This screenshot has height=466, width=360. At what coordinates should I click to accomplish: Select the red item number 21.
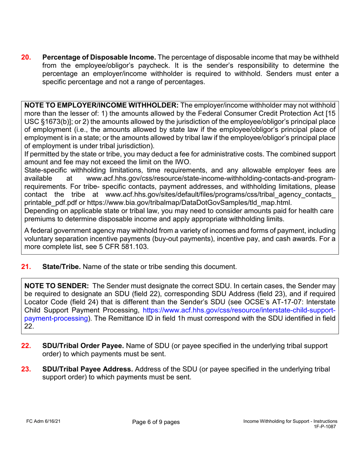coord(26,267)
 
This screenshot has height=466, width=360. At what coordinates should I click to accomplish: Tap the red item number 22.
coord(26,346)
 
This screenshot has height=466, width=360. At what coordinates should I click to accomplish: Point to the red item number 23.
coord(26,369)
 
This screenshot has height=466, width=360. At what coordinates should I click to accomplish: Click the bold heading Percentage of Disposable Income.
coord(99,58)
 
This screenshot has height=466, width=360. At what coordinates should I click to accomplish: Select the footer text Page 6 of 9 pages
coord(156,422)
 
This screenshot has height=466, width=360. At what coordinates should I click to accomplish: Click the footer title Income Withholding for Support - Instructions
coord(290,421)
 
